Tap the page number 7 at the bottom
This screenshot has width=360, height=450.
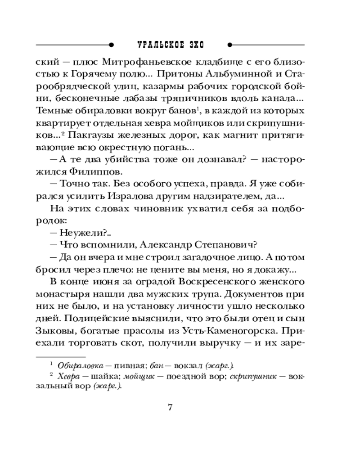[170, 408]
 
